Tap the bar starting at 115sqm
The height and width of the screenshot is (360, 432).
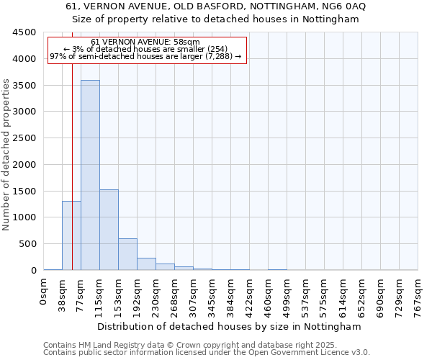(x=109, y=230)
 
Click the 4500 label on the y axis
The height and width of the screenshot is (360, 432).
(x=24, y=32)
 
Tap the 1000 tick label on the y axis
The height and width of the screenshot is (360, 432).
(x=24, y=217)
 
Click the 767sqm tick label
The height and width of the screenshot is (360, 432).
(x=418, y=297)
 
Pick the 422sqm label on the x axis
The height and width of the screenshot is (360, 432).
(x=250, y=297)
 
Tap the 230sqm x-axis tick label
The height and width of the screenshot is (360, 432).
(x=156, y=297)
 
